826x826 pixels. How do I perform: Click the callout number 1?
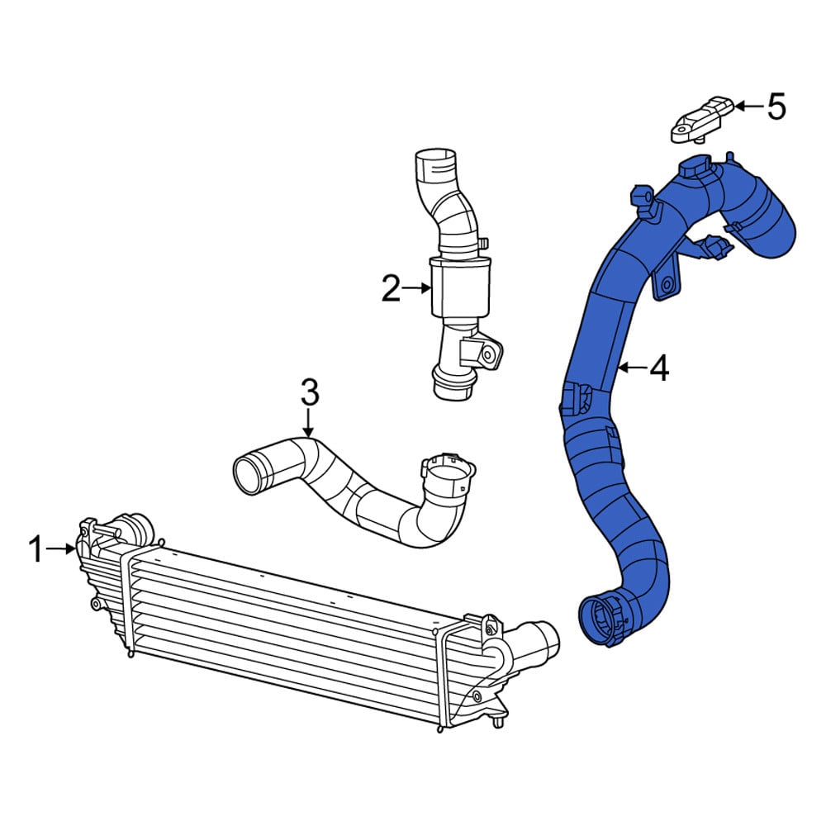click(x=36, y=549)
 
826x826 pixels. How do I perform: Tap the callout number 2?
click(x=391, y=288)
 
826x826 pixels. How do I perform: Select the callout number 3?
click(x=309, y=392)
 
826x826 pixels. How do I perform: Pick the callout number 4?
click(x=659, y=368)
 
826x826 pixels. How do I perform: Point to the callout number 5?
click(x=776, y=107)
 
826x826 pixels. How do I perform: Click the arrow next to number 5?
click(x=748, y=107)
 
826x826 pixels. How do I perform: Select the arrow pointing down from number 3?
click(x=309, y=423)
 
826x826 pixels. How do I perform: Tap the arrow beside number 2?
click(x=417, y=288)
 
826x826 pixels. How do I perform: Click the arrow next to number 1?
click(x=60, y=549)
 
